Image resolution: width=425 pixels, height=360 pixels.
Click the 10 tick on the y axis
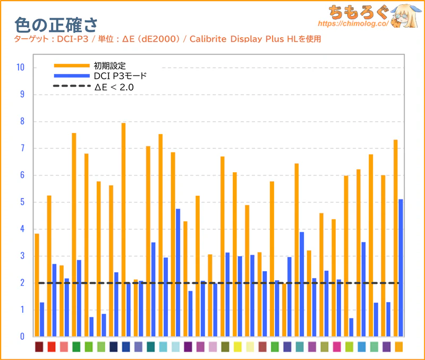(x=20, y=68)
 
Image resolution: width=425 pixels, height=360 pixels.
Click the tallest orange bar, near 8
(x=123, y=229)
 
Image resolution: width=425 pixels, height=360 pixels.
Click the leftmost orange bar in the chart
(x=37, y=284)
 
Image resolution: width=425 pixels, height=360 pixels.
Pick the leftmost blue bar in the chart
(x=42, y=319)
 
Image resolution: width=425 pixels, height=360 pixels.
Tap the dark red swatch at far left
(x=39, y=347)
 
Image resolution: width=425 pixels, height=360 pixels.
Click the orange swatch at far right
(x=398, y=347)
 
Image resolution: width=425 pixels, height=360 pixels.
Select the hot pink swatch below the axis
(x=336, y=347)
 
